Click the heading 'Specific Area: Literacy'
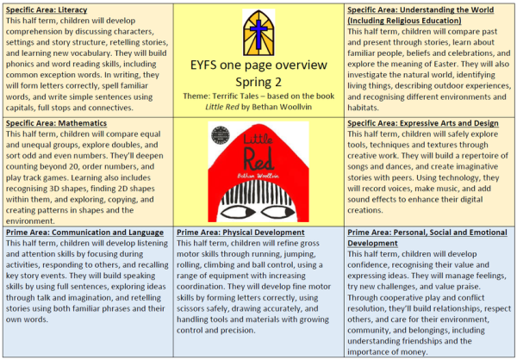coord(47,9)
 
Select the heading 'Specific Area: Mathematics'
coord(56,123)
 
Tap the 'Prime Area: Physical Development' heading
coord(240,233)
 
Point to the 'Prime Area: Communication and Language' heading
coord(84,233)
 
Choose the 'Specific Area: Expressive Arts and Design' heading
coord(423,123)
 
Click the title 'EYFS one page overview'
coord(258,65)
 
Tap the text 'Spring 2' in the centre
coord(258,82)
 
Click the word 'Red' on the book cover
coord(258,158)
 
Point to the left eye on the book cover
coord(235,212)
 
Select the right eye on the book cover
coord(278,212)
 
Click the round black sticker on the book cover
coord(221,135)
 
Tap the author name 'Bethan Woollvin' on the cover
coord(258,176)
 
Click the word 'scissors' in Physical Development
coord(191,309)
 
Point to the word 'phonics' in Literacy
coord(18,65)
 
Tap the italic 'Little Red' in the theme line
coord(222,107)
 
